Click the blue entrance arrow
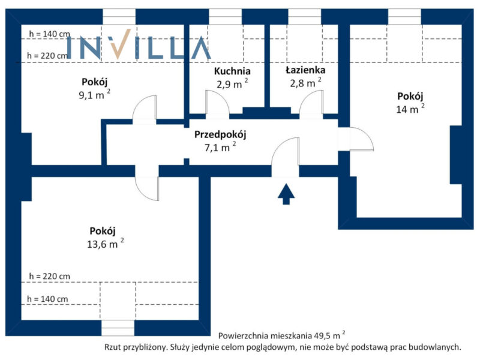(x=286, y=194)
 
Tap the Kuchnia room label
(x=232, y=71)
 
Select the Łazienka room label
(x=305, y=70)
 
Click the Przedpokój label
(x=220, y=134)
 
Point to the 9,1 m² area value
(x=94, y=95)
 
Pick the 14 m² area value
(x=410, y=109)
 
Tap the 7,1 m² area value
(x=220, y=147)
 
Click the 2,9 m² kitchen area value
(x=232, y=83)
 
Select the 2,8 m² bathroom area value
(x=305, y=82)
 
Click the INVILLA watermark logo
(x=139, y=47)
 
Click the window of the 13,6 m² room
(x=118, y=328)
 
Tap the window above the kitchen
(x=226, y=17)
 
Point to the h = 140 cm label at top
(x=50, y=34)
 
